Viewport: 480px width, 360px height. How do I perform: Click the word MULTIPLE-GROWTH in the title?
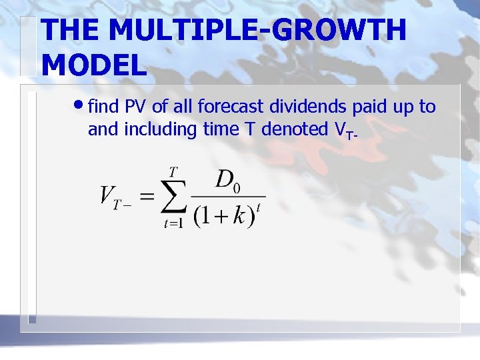tap(257, 31)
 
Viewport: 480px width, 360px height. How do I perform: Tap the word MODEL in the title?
tap(93, 65)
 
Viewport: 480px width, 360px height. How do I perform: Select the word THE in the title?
tap(68, 31)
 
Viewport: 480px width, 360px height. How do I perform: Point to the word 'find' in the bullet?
tap(103, 107)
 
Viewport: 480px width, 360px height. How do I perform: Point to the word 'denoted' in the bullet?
tap(295, 129)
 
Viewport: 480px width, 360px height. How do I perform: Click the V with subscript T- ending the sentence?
tap(344, 131)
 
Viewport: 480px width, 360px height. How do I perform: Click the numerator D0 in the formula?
tap(227, 179)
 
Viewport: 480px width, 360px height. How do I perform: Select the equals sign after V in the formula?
tap(147, 197)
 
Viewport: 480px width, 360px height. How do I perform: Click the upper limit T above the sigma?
tap(173, 172)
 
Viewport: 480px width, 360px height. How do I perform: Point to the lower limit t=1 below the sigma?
tap(173, 224)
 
